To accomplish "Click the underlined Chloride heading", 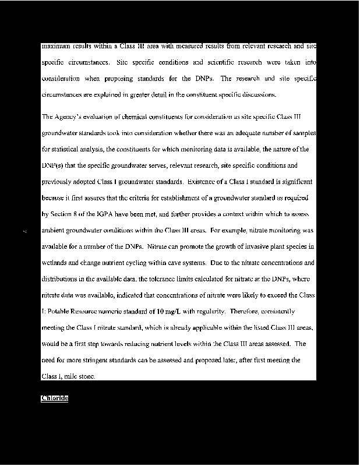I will pyautogui.click(x=55, y=398).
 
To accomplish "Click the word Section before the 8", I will pyautogui.click(x=61, y=214).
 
